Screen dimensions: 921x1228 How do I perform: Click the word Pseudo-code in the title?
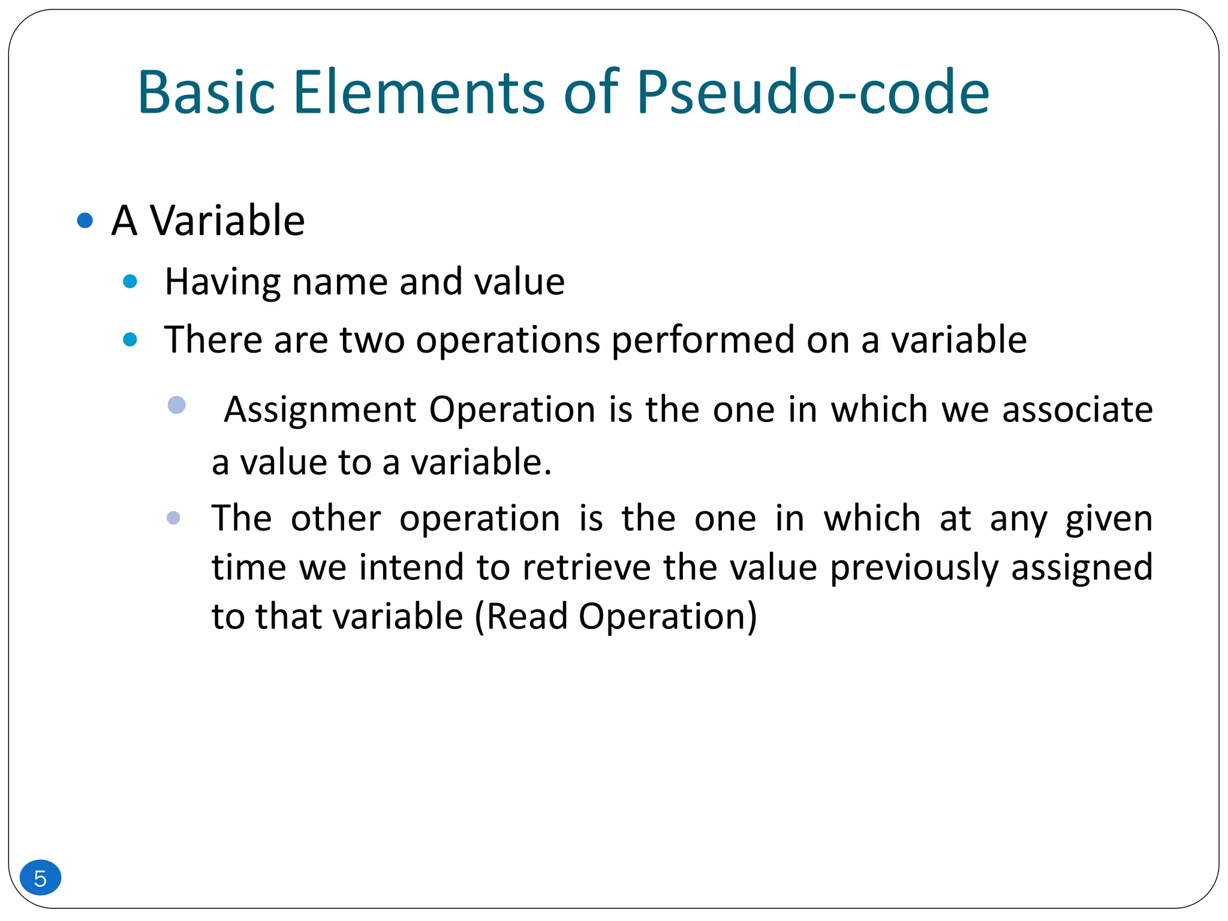812,93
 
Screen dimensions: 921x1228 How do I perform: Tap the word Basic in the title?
206,93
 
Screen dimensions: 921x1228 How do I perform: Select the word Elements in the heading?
419,93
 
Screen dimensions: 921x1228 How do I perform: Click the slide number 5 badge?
40,878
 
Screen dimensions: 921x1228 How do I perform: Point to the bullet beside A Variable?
85,221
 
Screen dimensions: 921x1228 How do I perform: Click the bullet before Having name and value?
130,281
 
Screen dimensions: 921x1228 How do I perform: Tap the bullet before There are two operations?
130,340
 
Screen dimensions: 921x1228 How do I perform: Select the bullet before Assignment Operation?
176,405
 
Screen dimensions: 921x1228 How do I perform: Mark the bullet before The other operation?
173,517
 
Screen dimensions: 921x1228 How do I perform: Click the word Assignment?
320,410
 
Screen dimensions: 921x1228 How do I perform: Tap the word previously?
914,567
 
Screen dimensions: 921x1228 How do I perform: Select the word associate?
1077,410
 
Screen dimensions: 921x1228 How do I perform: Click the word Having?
222,282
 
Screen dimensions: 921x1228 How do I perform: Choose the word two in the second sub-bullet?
372,340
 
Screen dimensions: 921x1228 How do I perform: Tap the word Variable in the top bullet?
227,221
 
